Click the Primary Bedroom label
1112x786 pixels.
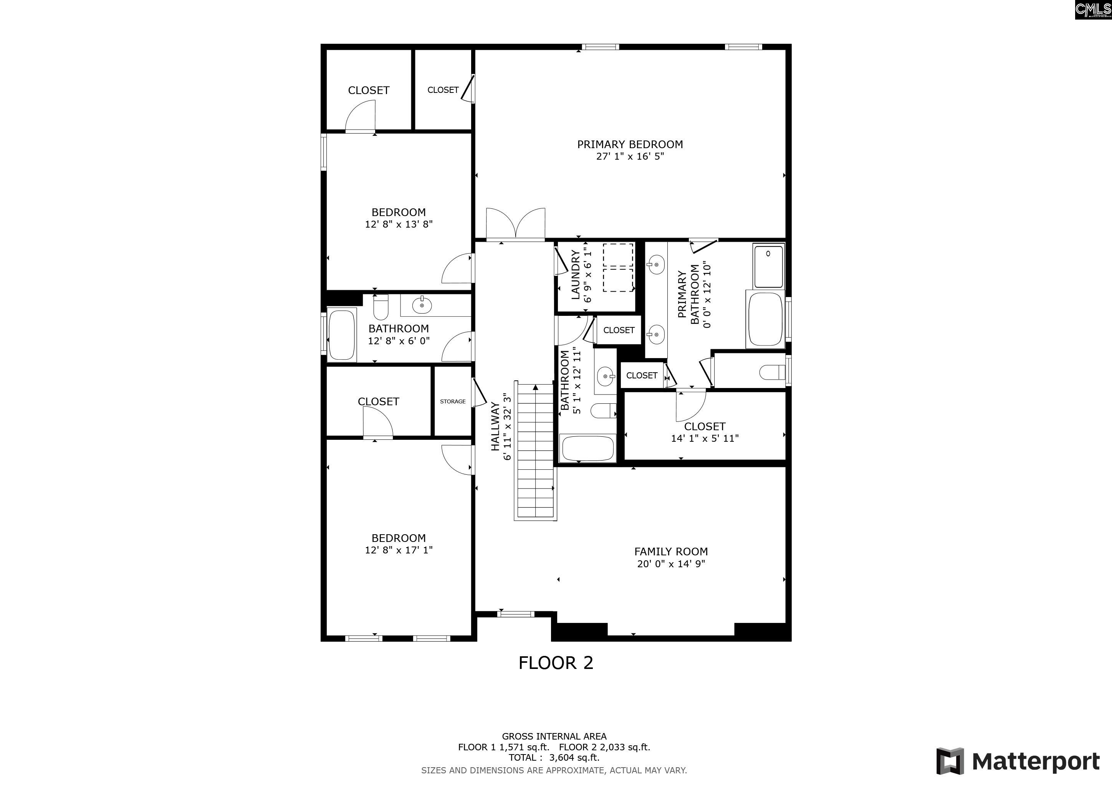pyautogui.click(x=630, y=144)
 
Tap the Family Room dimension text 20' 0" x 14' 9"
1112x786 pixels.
pyautogui.click(x=671, y=563)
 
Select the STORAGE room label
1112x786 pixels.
pyautogui.click(x=452, y=401)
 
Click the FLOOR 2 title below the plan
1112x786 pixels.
pyautogui.click(x=556, y=662)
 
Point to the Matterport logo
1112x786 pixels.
pyautogui.click(x=1018, y=761)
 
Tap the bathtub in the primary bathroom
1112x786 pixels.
pyautogui.click(x=765, y=319)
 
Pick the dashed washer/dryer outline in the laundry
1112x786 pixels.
pyautogui.click(x=618, y=267)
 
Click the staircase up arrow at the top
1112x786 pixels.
pyautogui.click(x=535, y=387)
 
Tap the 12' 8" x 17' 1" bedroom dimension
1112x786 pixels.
pyautogui.click(x=399, y=550)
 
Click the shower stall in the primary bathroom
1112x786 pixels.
pyautogui.click(x=768, y=266)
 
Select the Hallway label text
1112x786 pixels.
pyautogui.click(x=495, y=426)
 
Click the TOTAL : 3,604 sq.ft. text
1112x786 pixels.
pyautogui.click(x=554, y=758)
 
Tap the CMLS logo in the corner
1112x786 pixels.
pyautogui.click(x=1093, y=10)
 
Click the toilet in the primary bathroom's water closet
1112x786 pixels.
pyautogui.click(x=773, y=372)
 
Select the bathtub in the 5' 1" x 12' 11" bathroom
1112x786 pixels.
pyautogui.click(x=587, y=449)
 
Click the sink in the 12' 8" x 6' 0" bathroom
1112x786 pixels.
pyautogui.click(x=422, y=305)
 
